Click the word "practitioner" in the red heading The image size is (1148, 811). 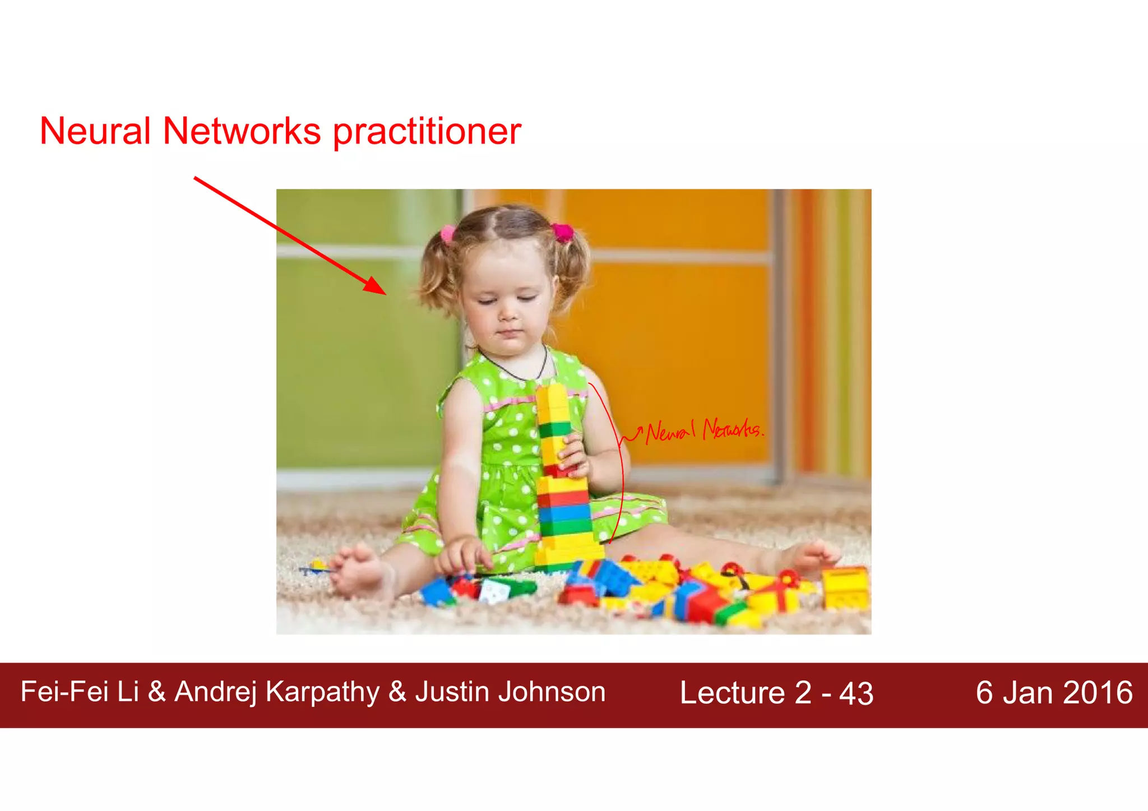427,132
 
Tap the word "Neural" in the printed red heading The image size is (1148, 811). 95,131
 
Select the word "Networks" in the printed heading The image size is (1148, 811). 242,131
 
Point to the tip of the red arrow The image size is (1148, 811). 385,294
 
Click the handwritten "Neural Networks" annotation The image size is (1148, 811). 703,430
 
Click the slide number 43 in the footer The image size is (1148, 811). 856,694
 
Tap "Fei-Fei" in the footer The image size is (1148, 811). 64,692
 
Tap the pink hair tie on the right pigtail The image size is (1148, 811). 562,231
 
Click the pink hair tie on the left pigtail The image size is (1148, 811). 448,234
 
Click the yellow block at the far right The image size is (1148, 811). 845,588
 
